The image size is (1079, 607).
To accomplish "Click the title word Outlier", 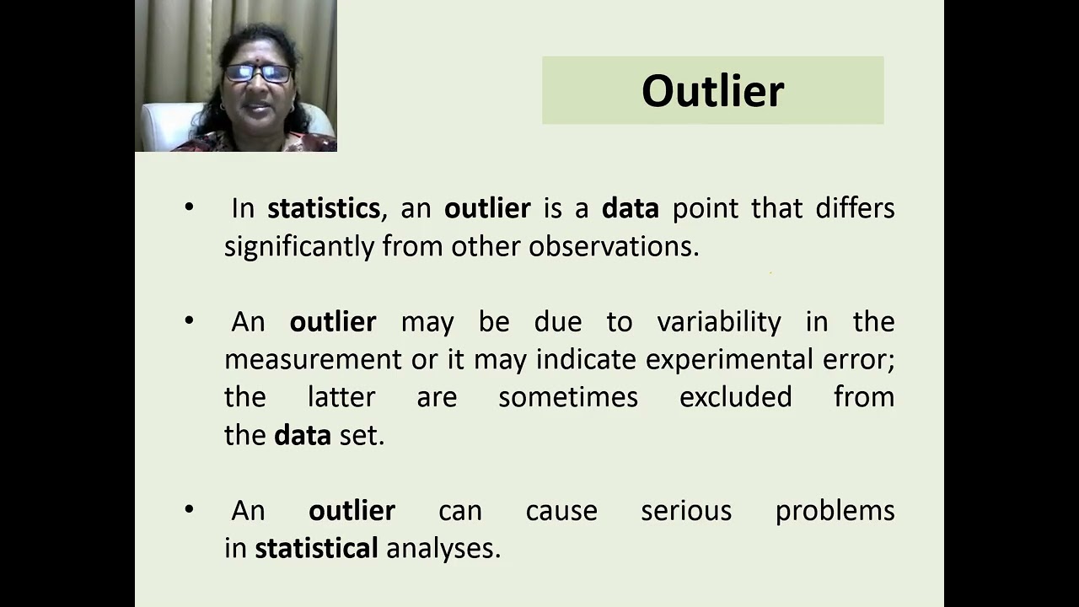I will tap(712, 91).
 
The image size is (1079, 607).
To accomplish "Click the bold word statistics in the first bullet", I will tap(323, 208).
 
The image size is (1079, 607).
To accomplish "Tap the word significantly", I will tap(299, 246).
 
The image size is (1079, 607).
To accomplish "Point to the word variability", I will tap(718, 322).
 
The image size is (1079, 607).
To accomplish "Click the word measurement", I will tap(313, 360).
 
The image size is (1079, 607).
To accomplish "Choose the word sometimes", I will tap(567, 397).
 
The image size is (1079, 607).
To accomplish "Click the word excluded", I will tap(735, 397).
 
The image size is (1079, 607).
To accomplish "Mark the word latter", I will tap(341, 397).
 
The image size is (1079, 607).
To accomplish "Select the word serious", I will tap(685, 511).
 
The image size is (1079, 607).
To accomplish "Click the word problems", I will tap(835, 511).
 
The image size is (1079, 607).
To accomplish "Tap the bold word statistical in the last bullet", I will tap(316, 549).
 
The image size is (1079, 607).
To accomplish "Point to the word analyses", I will tap(443, 549).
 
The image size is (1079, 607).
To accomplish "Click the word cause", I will tap(561, 511).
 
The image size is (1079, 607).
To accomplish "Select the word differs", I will tap(854, 208).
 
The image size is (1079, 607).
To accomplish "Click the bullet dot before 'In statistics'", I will tap(189, 207).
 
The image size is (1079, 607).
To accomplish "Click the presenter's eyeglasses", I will tap(257, 73).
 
